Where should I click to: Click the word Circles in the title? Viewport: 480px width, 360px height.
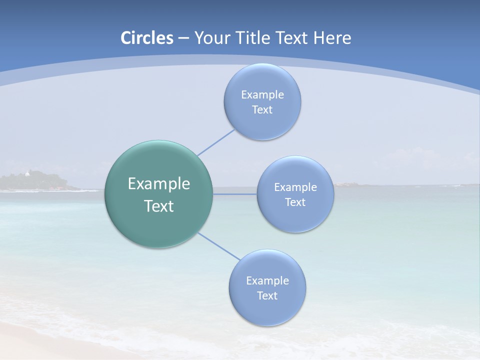(147, 38)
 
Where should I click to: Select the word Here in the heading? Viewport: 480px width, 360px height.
(332, 38)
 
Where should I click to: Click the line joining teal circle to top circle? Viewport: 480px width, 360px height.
(215, 142)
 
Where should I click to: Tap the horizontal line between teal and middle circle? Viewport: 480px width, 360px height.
(234, 194)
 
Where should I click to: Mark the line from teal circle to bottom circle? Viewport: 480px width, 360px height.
(218, 245)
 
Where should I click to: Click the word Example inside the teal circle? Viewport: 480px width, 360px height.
(159, 184)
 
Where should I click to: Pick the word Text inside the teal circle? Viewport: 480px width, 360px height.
(159, 206)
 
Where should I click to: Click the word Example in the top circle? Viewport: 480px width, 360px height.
(262, 94)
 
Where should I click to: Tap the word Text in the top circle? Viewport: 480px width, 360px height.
(262, 110)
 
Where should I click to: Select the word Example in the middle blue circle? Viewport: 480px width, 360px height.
(295, 187)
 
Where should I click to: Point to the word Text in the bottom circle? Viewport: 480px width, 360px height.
(267, 296)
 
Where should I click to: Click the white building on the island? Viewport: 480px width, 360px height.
(26, 174)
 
